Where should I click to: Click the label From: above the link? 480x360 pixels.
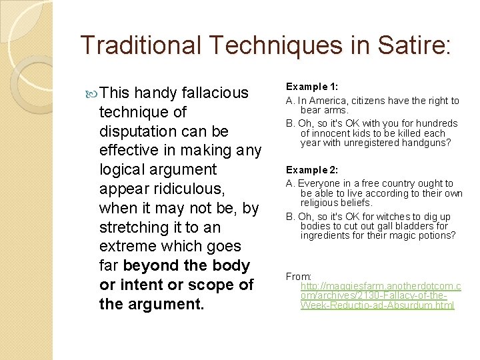click(x=299, y=276)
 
